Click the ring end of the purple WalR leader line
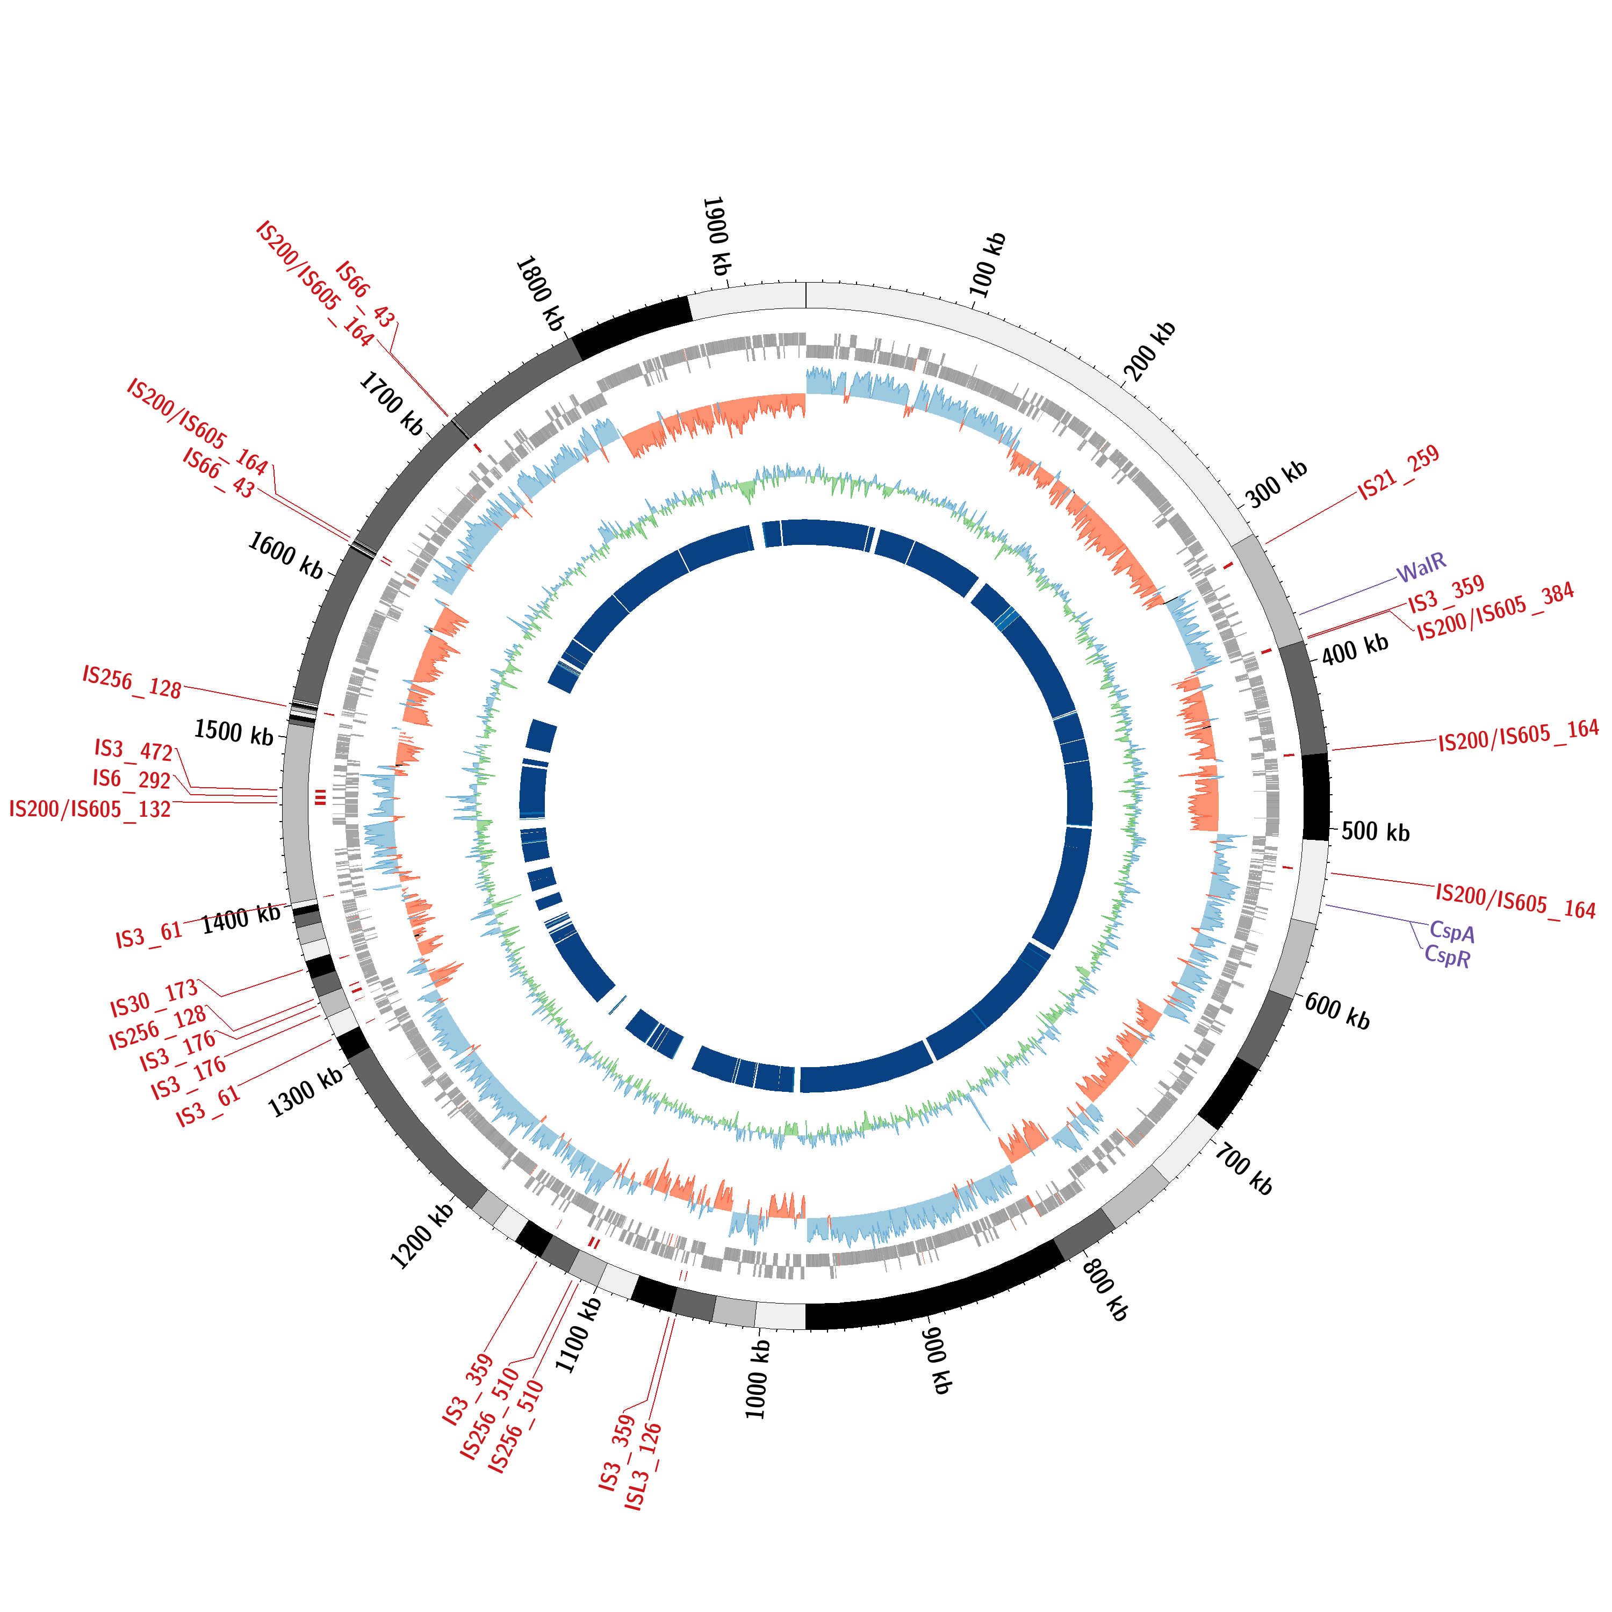pos(1299,614)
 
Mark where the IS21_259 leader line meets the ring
pos(1266,544)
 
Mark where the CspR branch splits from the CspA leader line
pos(1410,923)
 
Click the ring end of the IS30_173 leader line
pos(304,969)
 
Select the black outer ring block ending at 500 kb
pos(1316,797)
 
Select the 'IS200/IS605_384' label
pos(1496,613)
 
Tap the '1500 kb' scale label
pos(234,732)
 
